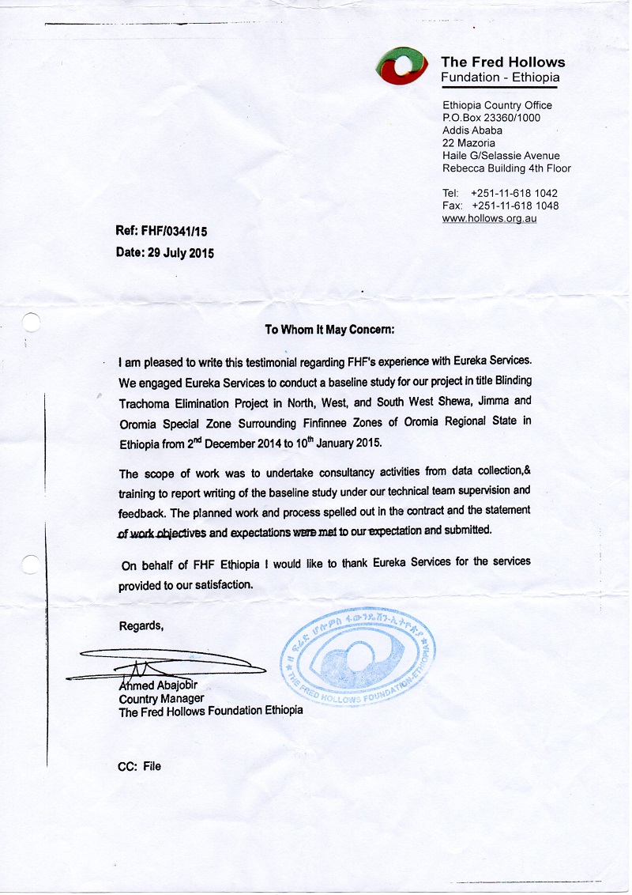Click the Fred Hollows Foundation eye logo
pyautogui.click(x=404, y=66)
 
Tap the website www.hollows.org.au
pyautogui.click(x=489, y=218)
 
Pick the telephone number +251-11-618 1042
pyautogui.click(x=513, y=193)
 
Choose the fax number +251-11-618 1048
pyautogui.click(x=513, y=206)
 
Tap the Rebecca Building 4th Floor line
pyautogui.click(x=506, y=168)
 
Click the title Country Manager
pyautogui.click(x=161, y=699)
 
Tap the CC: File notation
pyautogui.click(x=140, y=766)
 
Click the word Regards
pyautogui.click(x=141, y=626)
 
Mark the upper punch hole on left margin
pyautogui.click(x=30, y=322)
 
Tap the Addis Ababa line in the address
pyautogui.click(x=472, y=130)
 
